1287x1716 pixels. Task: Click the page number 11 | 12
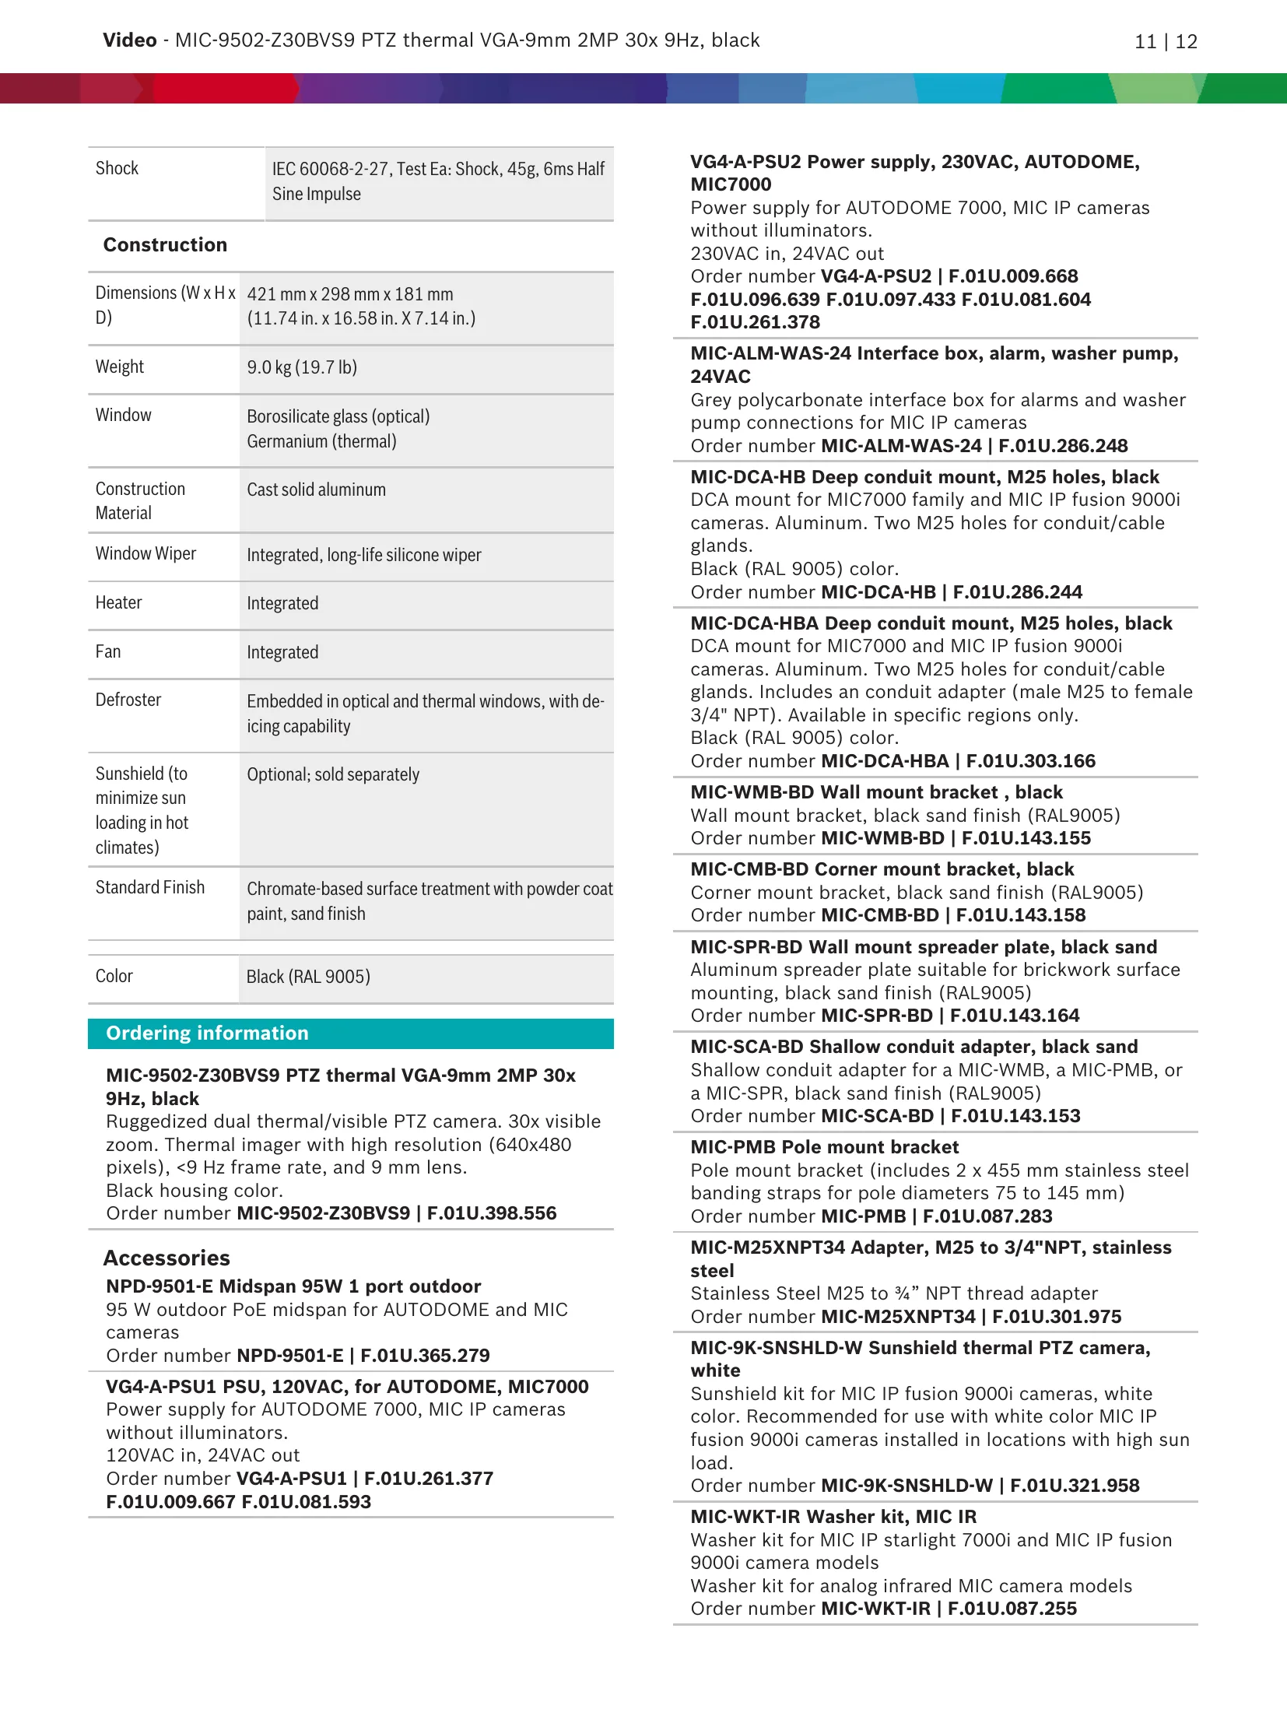1166,42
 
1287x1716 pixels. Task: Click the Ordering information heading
207,1033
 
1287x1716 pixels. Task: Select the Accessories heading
167,1258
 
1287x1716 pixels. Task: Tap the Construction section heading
165,244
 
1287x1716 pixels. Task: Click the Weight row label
120,367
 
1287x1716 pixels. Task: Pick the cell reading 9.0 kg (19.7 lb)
302,367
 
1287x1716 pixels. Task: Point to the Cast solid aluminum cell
316,490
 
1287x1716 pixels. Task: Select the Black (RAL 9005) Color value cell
308,977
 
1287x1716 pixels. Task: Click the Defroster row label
128,700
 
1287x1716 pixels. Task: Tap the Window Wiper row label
146,553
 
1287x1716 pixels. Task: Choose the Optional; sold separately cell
333,774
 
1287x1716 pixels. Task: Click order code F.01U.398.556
492,1213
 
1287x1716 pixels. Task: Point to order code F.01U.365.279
425,1356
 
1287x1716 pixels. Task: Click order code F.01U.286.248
1063,446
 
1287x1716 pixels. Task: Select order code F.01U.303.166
1030,761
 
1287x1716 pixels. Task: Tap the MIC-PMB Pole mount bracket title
825,1147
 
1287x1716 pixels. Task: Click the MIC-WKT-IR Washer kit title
833,1517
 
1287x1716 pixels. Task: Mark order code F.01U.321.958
1075,1486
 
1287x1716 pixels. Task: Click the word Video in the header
129,40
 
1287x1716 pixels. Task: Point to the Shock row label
117,168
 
